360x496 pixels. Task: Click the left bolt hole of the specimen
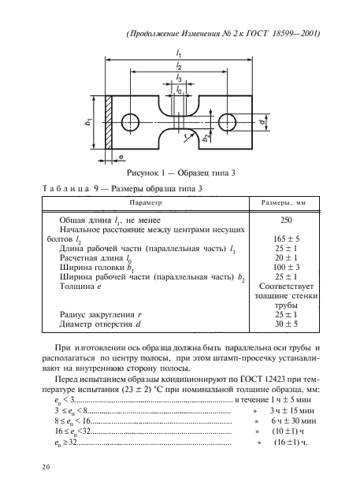pos(131,122)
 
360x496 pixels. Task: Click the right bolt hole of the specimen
pos(229,122)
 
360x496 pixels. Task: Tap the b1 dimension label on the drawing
pos(89,122)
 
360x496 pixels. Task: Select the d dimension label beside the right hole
pos(260,122)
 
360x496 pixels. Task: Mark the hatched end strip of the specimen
pos(109,122)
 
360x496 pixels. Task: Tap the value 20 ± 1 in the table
pos(288,257)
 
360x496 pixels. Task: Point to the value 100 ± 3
pos(288,268)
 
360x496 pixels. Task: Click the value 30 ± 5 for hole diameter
pos(288,323)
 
